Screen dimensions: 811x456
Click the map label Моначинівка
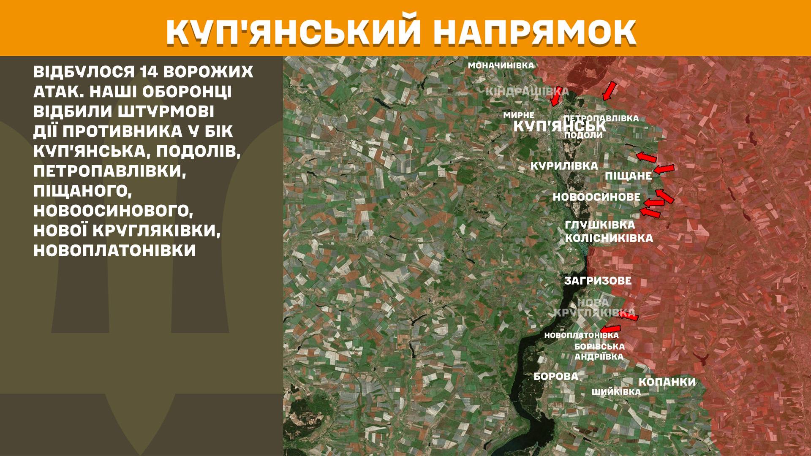coord(501,65)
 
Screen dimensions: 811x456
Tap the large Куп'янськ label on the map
coord(559,126)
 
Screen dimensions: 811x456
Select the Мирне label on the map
coord(519,115)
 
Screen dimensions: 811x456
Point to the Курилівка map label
coord(564,166)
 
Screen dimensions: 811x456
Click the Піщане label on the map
coord(629,176)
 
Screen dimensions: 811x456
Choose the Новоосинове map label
coord(596,197)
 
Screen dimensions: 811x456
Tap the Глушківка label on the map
coord(600,225)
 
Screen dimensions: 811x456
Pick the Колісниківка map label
coord(609,238)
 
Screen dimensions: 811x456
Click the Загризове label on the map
coord(598,281)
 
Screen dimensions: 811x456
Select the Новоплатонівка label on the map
coord(581,335)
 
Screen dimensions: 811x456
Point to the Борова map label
coord(556,376)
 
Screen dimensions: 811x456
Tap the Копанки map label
coord(667,382)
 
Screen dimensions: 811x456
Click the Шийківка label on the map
coord(616,392)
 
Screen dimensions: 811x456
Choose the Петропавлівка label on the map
coord(601,118)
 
